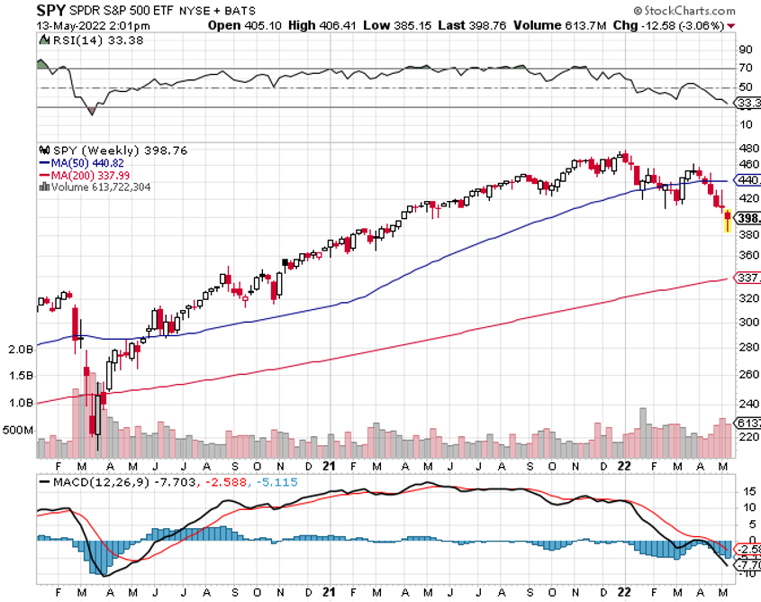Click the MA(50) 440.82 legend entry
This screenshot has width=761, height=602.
(x=86, y=163)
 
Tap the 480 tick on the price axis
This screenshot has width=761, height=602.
(x=747, y=148)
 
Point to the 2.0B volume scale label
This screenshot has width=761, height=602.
(x=20, y=348)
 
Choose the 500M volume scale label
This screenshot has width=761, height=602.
(x=20, y=430)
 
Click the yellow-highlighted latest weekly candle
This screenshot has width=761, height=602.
(x=727, y=221)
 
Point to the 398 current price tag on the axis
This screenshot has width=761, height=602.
(x=747, y=218)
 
